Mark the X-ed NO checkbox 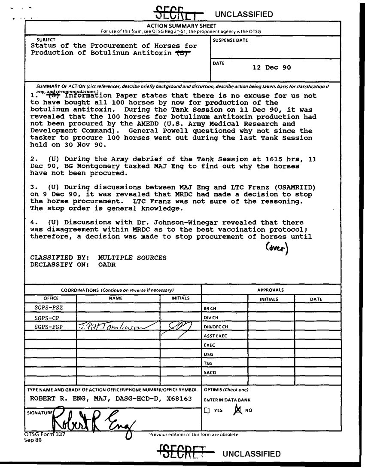point(236,410)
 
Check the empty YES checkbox point(207,410)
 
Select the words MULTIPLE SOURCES point(132,257)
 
